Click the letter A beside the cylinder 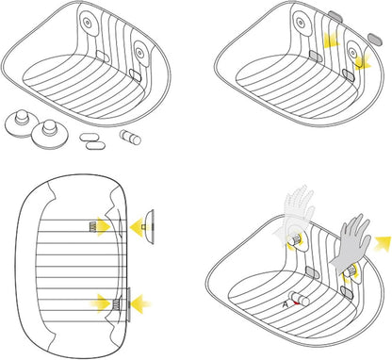point(286,304)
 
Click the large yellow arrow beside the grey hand point(382,242)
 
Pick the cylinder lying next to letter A point(299,299)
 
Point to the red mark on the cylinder point(295,303)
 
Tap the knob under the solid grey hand point(350,271)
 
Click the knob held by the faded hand point(295,241)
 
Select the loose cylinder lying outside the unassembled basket point(130,138)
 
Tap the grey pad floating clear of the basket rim point(375,39)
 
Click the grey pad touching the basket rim point(335,16)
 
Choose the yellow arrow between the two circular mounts point(331,40)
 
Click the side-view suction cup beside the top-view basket point(148,227)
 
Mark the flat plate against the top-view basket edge point(128,304)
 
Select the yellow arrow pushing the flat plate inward point(140,303)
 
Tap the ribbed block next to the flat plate point(116,304)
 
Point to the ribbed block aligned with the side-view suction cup point(93,226)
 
